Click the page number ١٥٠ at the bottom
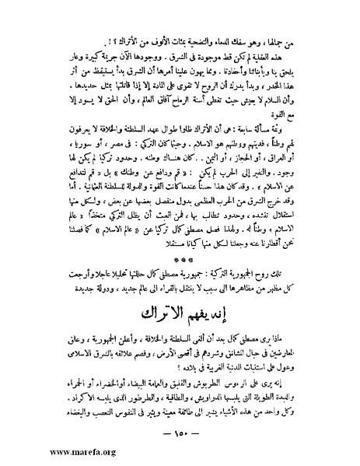click(180, 433)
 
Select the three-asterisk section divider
click(180, 261)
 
